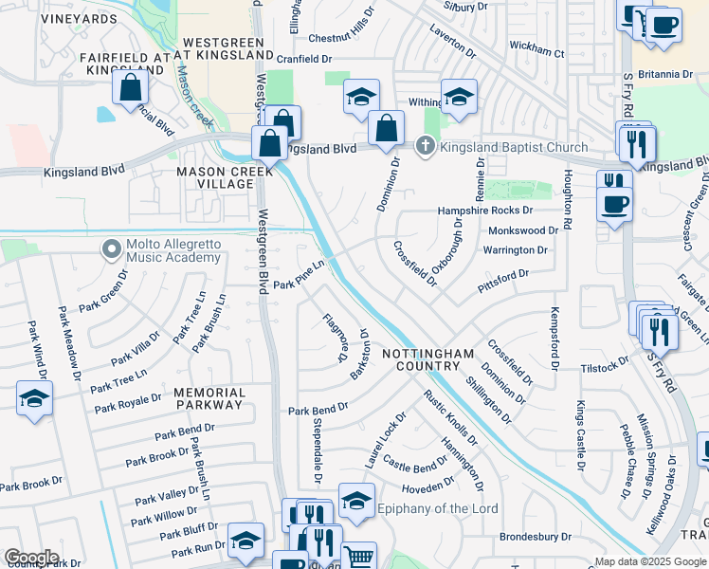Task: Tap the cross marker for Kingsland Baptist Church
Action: point(427,146)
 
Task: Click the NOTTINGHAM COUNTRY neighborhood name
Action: point(427,359)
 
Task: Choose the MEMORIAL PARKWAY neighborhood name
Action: point(209,398)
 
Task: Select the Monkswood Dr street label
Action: point(523,230)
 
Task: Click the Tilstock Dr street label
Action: point(605,365)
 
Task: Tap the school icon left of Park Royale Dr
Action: point(34,398)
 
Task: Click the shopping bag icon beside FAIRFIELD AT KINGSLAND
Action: point(131,88)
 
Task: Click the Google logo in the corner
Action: point(30,558)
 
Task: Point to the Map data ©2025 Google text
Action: point(651,561)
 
